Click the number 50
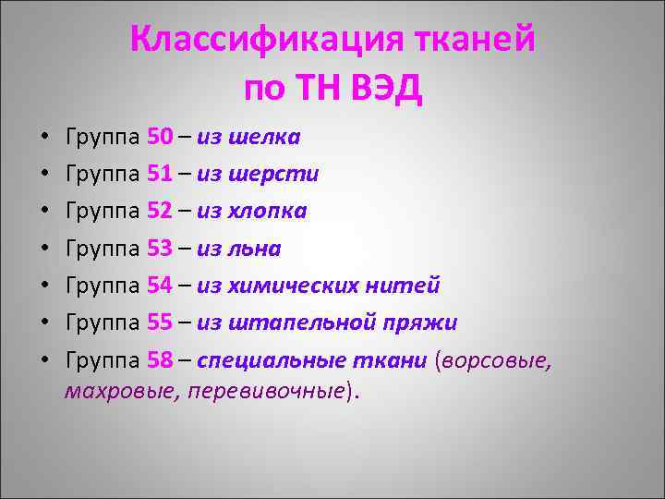(x=160, y=138)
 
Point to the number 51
(x=160, y=175)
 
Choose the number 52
(x=160, y=212)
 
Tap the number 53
(x=160, y=249)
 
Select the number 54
(x=160, y=286)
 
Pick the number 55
(x=160, y=323)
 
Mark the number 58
(x=160, y=360)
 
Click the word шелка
(x=264, y=138)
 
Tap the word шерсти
(x=273, y=175)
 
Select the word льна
(x=255, y=249)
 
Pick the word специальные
(x=264, y=360)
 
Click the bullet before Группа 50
(x=46, y=139)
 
